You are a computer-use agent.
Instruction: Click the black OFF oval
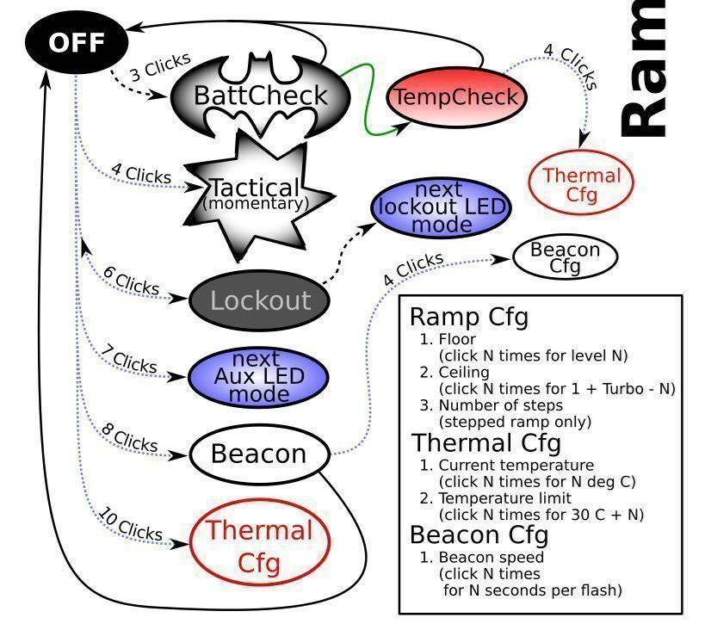pyautogui.click(x=77, y=42)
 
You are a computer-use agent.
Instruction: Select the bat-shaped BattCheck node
pyautogui.click(x=260, y=96)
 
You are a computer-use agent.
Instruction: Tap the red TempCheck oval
pyautogui.click(x=456, y=97)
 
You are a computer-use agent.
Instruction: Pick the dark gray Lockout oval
pyautogui.click(x=259, y=300)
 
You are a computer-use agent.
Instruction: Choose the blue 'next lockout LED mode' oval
pyautogui.click(x=441, y=207)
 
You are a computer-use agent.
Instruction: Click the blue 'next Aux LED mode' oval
pyautogui.click(x=258, y=377)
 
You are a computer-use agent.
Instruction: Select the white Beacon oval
pyautogui.click(x=259, y=454)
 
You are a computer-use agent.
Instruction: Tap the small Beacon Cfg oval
pyautogui.click(x=566, y=257)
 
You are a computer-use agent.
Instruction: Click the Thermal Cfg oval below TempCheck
pyautogui.click(x=581, y=183)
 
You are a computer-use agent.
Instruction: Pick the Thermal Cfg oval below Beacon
pyautogui.click(x=259, y=543)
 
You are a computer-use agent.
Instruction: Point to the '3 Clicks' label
pyautogui.click(x=160, y=66)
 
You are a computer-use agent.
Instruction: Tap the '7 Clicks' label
pyautogui.click(x=129, y=359)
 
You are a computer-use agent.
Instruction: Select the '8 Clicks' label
pyautogui.click(x=129, y=437)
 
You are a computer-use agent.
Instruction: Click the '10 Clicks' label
pyautogui.click(x=130, y=524)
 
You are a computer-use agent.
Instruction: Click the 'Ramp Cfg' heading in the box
pyautogui.click(x=469, y=317)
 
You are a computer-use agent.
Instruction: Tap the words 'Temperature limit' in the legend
pyautogui.click(x=505, y=498)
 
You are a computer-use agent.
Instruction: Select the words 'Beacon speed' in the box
pyautogui.click(x=492, y=557)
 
